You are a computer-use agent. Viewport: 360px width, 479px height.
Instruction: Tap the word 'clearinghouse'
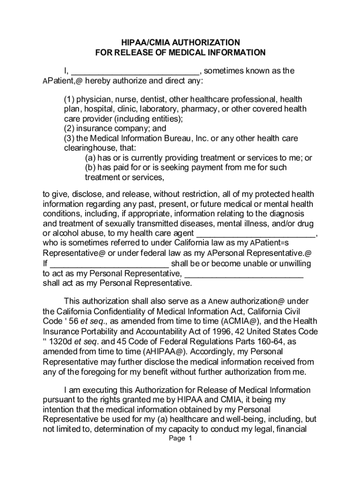click(87, 148)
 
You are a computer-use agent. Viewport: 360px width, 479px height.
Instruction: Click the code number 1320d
click(64, 341)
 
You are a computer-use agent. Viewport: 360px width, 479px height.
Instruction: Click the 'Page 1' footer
click(180, 439)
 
